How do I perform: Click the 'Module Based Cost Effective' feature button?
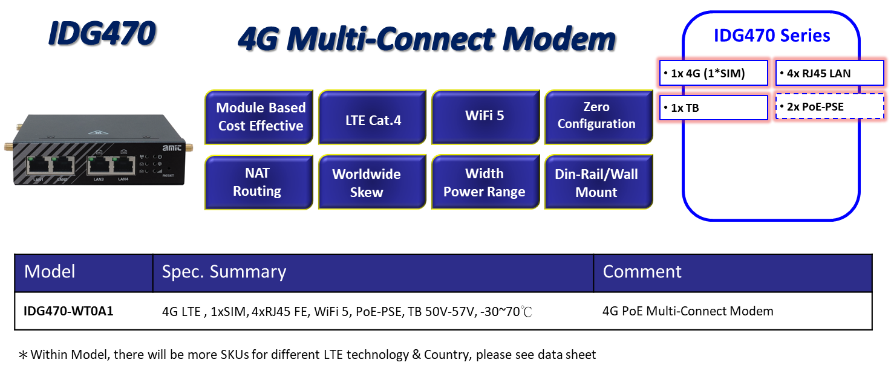259,117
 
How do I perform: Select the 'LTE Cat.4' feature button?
373,120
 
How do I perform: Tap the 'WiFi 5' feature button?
485,116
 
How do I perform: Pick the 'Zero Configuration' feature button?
596,116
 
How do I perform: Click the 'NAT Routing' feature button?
257,182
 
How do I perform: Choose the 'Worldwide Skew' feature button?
367,183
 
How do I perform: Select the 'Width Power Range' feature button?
485,182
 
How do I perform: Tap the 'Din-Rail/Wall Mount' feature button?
596,182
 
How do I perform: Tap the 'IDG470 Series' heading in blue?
772,36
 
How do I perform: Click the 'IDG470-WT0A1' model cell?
69,311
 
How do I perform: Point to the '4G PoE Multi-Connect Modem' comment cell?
688,311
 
